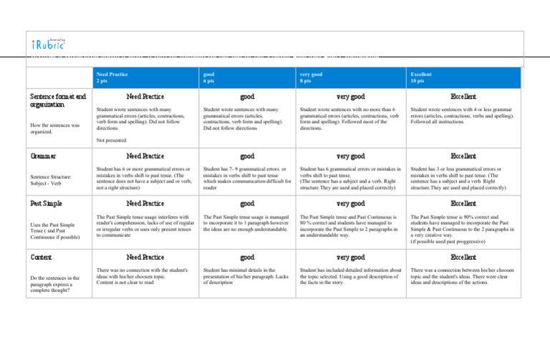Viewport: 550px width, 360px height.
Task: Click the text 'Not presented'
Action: [112, 140]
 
